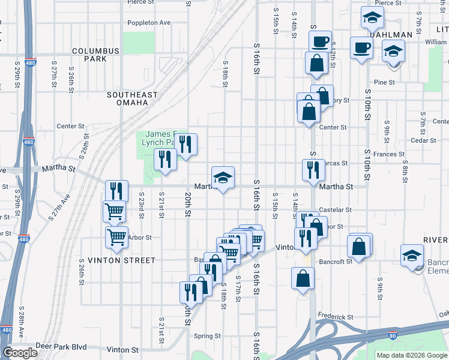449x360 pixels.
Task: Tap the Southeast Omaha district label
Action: pos(132,98)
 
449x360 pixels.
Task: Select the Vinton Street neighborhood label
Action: pos(113,260)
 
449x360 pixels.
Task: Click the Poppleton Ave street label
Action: pos(149,23)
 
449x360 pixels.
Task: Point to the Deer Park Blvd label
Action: pos(61,347)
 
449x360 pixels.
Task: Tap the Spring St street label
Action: pos(207,336)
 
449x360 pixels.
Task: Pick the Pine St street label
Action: pos(384,82)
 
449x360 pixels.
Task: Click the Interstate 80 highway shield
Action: pos(392,336)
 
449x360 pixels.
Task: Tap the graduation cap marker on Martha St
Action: pos(223,178)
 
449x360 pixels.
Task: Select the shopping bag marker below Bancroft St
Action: pos(303,279)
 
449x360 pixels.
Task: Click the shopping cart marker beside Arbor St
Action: pos(116,236)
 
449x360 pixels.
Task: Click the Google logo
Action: pos(20,352)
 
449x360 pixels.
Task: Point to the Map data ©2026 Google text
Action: pos(412,355)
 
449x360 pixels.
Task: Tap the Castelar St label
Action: pos(335,210)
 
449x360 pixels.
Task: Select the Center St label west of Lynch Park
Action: pos(70,126)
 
